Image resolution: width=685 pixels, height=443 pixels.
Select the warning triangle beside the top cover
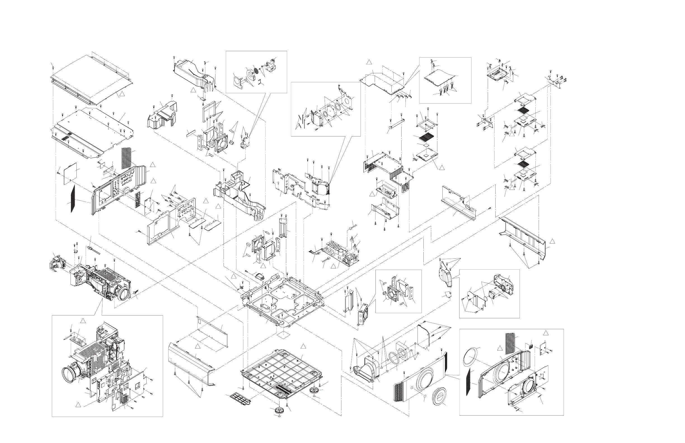tap(122, 93)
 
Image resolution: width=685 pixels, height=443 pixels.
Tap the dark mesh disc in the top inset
tap(255, 71)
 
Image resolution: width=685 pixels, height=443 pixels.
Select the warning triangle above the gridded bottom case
tap(303, 346)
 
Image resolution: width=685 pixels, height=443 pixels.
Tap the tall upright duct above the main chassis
tap(283, 231)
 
